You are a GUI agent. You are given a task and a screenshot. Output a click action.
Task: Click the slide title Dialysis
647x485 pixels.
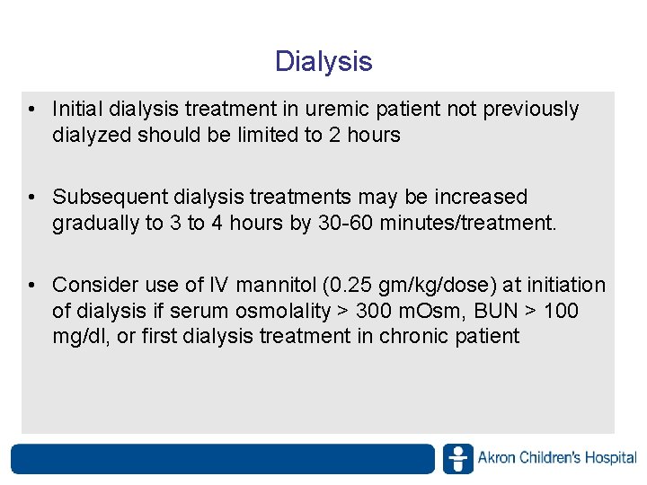(323, 62)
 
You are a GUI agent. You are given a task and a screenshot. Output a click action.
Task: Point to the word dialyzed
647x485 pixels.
(92, 136)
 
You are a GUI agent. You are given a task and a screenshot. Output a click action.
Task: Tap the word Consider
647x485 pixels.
(94, 285)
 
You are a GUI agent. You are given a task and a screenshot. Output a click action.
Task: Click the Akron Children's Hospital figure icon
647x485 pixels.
(457, 458)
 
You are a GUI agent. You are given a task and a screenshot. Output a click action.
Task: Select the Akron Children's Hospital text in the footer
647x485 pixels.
(557, 458)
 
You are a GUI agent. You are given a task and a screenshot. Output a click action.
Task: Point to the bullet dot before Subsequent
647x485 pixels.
(31, 197)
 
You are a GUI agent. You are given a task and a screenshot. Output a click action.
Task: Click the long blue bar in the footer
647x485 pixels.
(222, 458)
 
